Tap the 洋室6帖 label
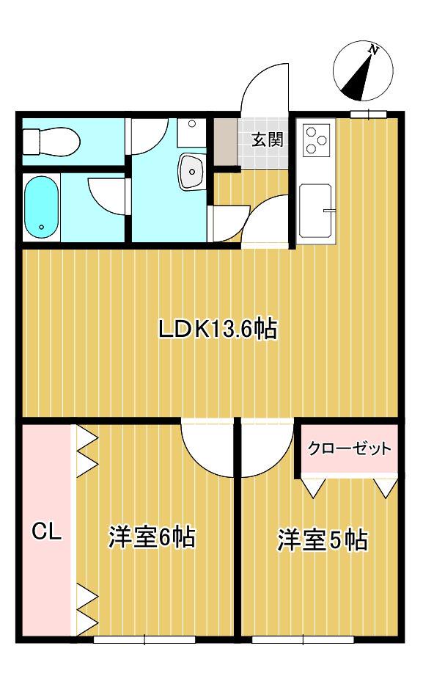point(151,538)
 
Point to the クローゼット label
point(348,448)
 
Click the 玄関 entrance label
point(268,139)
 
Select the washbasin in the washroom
point(193,172)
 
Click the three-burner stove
point(317,139)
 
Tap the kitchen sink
point(316,211)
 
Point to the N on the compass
point(373,51)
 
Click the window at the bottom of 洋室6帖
point(144,639)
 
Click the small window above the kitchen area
point(367,113)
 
